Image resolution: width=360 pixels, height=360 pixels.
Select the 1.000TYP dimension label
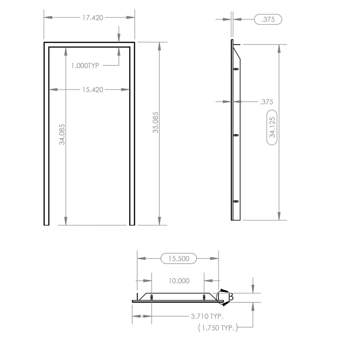(85, 65)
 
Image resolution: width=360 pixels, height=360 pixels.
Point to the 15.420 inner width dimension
(92, 90)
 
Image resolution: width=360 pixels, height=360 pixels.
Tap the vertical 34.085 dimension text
(62, 134)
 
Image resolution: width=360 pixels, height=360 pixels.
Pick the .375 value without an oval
(266, 102)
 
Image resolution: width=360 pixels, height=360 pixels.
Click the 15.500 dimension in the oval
(178, 258)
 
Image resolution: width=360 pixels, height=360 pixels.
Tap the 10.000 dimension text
(179, 281)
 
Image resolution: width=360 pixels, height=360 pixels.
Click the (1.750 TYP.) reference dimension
(218, 328)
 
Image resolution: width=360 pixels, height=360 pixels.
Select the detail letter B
(230, 297)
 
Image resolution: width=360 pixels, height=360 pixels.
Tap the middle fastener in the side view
(236, 135)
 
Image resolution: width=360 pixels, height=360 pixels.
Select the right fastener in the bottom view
(205, 297)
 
